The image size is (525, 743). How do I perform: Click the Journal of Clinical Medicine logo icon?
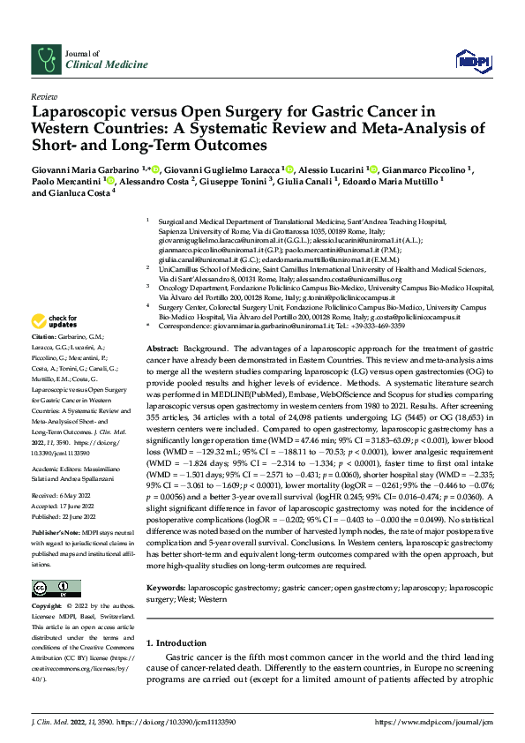[44, 59]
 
